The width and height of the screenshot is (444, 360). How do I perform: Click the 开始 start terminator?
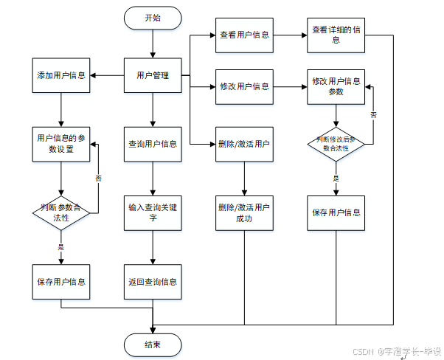(x=152, y=18)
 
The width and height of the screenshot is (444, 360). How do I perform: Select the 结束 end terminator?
(x=152, y=344)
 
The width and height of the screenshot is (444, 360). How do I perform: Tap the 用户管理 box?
(x=152, y=75)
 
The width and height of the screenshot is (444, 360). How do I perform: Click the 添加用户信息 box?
(x=60, y=75)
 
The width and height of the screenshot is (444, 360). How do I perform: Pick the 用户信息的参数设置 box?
(x=60, y=142)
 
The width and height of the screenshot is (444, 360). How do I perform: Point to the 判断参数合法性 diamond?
(x=60, y=212)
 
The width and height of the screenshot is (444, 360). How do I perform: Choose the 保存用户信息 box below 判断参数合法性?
(x=60, y=282)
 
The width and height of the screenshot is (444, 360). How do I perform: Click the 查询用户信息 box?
(x=152, y=143)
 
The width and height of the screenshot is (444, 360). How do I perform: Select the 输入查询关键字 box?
(x=152, y=212)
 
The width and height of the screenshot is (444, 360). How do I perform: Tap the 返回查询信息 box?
(x=152, y=282)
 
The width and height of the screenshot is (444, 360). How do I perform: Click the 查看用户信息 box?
(x=244, y=35)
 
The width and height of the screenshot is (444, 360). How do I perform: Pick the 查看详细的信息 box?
(x=336, y=35)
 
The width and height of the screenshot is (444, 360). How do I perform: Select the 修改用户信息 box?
(x=244, y=86)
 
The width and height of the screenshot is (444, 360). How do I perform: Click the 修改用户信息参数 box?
(x=336, y=86)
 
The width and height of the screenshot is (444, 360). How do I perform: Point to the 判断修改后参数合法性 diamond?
(x=336, y=143)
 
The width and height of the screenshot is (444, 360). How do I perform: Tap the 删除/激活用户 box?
(x=244, y=143)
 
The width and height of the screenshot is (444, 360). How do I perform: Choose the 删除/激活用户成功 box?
(x=244, y=212)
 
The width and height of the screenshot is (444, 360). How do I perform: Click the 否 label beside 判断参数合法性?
(x=98, y=178)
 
